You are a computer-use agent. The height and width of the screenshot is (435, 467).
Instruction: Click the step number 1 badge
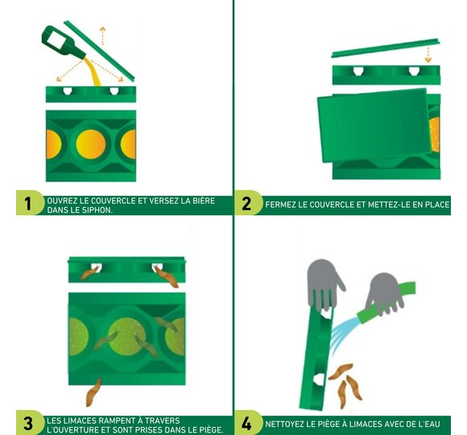(27, 204)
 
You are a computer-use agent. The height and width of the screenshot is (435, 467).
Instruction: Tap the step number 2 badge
(246, 204)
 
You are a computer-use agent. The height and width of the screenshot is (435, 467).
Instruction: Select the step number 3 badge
(27, 423)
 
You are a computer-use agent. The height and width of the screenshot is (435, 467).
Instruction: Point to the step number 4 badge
(246, 423)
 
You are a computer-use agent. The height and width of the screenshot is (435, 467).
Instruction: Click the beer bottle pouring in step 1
(63, 43)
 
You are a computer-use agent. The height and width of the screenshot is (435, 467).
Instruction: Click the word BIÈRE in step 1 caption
(203, 201)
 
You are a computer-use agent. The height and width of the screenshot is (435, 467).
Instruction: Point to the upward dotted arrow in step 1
(102, 35)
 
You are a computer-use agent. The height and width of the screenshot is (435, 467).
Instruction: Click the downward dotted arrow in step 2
(428, 54)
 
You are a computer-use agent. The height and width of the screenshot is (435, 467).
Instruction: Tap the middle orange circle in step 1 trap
(91, 144)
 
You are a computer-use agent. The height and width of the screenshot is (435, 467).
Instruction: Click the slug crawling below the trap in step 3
(93, 392)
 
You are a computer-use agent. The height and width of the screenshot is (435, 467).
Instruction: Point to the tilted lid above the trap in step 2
(386, 48)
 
